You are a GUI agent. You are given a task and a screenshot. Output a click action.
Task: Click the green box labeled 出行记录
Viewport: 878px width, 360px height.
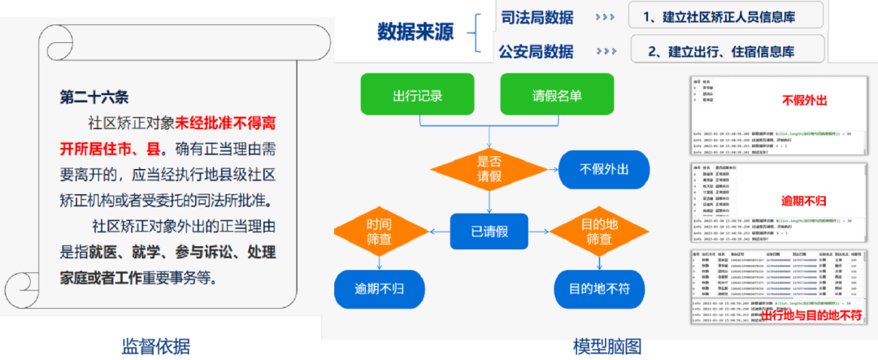coord(418,94)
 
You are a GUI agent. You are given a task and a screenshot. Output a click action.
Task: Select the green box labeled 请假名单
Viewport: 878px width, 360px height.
coord(557,94)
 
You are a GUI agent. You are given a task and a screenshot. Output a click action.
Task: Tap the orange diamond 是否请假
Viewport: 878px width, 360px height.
coord(489,169)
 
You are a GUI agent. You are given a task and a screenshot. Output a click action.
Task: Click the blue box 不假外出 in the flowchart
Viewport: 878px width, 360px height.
coord(604,169)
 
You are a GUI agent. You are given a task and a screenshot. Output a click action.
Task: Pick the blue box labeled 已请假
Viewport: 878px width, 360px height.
coord(489,231)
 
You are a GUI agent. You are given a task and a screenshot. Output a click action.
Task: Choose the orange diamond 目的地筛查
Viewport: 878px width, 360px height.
coord(598,231)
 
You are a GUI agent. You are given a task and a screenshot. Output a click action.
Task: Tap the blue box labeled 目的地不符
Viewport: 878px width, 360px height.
coord(598,288)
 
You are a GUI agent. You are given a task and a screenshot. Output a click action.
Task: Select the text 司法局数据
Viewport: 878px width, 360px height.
coord(537,16)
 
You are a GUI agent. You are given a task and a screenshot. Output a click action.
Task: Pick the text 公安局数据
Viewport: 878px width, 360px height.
coord(537,51)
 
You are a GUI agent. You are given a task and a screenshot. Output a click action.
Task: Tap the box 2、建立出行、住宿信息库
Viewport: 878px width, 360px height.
coord(727,50)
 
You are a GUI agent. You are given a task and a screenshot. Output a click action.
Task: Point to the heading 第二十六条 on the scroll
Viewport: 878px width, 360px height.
coord(94,98)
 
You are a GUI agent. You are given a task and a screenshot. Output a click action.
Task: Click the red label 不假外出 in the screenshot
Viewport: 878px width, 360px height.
coord(804,101)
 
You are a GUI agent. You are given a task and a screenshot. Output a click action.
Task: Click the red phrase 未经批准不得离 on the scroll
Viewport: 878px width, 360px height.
coord(225,124)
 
